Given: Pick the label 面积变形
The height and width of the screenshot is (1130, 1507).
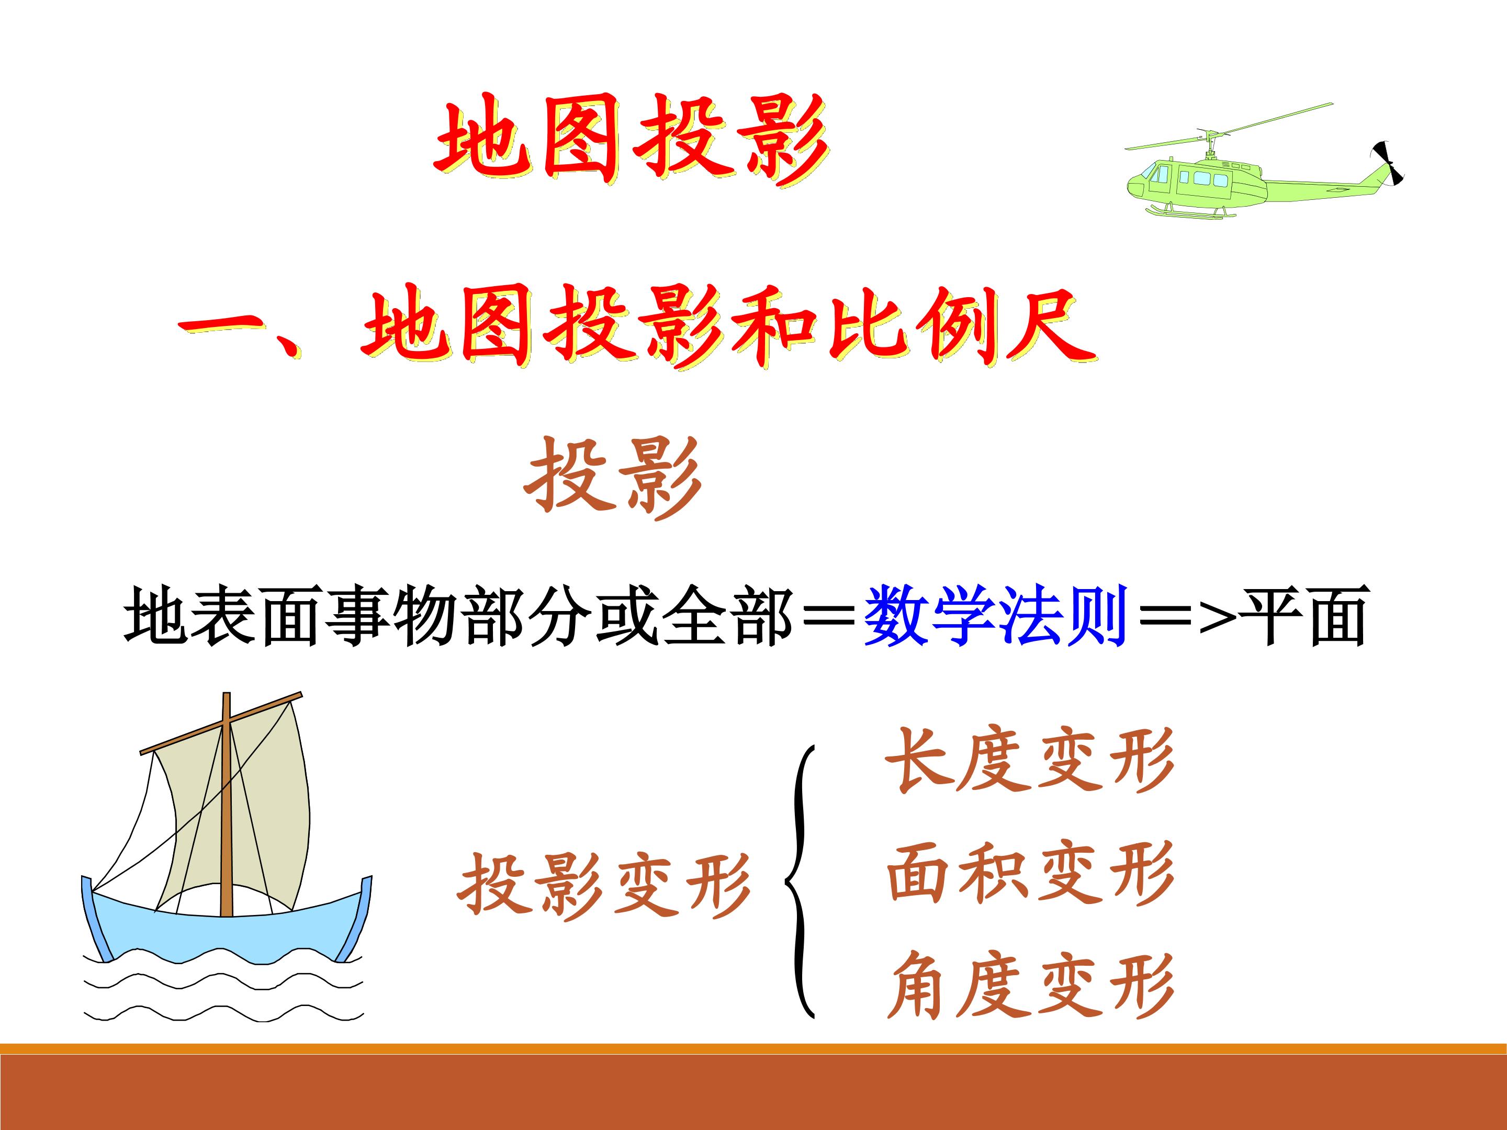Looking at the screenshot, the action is click(1030, 873).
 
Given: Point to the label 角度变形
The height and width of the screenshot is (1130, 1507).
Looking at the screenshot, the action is click(1030, 986).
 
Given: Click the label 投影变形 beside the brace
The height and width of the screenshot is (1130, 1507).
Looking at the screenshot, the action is click(604, 886).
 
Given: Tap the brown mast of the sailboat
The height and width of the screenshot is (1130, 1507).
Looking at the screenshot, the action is click(227, 804).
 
